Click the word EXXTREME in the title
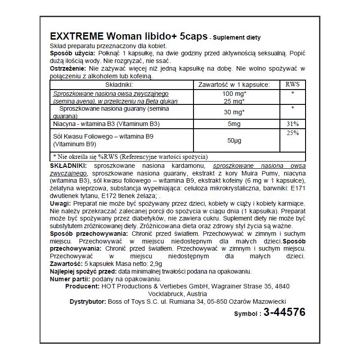click(x=77, y=37)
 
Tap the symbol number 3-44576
click(x=279, y=312)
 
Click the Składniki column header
click(x=117, y=84)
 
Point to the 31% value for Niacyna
click(x=292, y=124)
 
